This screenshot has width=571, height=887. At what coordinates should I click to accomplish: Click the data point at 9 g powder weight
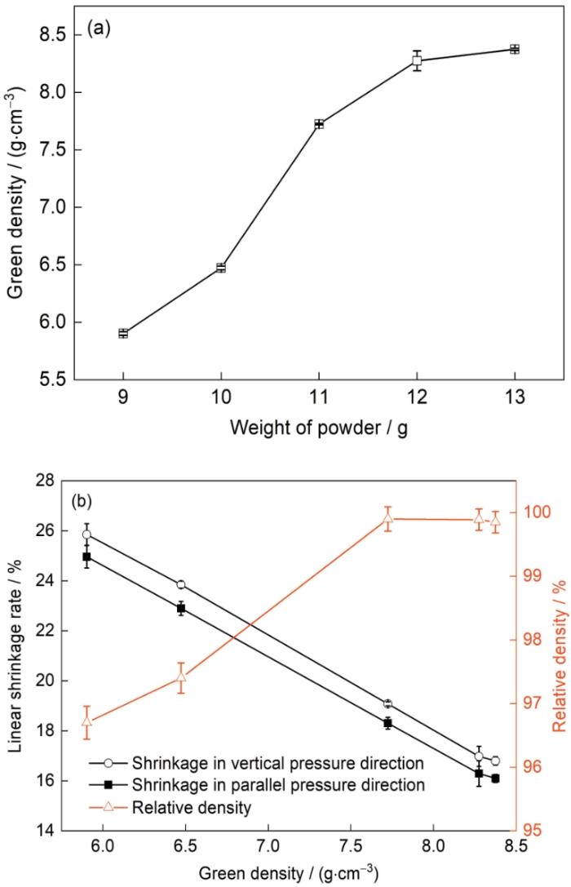(123, 333)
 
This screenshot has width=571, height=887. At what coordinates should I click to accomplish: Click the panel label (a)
(99, 30)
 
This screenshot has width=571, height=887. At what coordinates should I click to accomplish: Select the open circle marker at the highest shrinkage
(86, 535)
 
